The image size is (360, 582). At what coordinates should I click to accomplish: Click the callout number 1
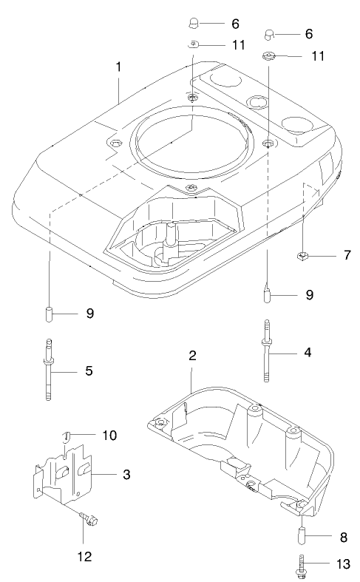point(118,66)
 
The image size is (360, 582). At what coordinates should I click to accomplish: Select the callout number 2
point(192,356)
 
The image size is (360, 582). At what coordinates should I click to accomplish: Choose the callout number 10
point(109,436)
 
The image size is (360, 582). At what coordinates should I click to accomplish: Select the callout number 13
point(343,564)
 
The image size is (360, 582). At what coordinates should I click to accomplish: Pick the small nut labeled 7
point(302,257)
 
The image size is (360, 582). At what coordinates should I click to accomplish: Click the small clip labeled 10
point(68,436)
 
